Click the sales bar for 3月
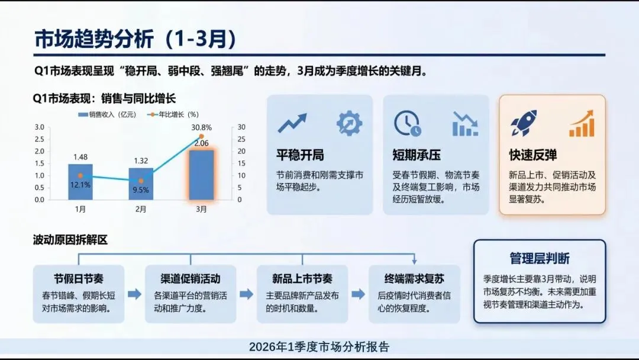click(x=201, y=175)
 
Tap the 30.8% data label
click(x=201, y=127)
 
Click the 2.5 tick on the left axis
click(x=39, y=139)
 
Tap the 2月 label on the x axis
click(x=141, y=209)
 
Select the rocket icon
click(x=524, y=123)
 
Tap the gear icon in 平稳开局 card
click(x=349, y=123)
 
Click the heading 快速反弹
click(x=532, y=156)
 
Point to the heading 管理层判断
click(x=540, y=259)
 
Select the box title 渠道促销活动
click(x=191, y=279)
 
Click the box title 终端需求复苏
click(x=414, y=279)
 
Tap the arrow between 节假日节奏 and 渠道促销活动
click(x=134, y=294)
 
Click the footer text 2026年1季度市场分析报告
click(x=319, y=347)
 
